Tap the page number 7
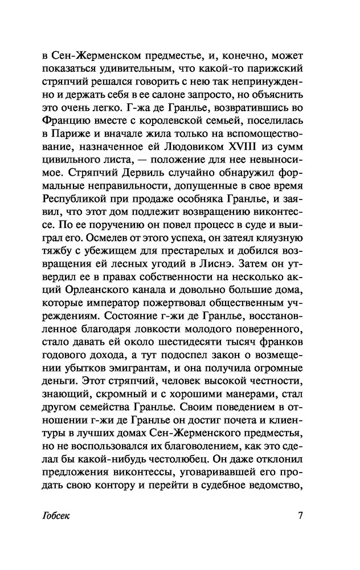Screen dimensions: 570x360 coord(300,516)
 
